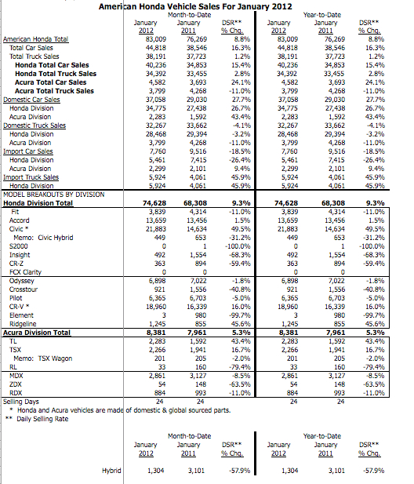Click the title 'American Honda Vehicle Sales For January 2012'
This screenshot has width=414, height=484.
tap(206, 5)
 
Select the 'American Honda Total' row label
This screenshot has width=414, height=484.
tap(35, 38)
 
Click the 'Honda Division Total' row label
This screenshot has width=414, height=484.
tap(43, 202)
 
